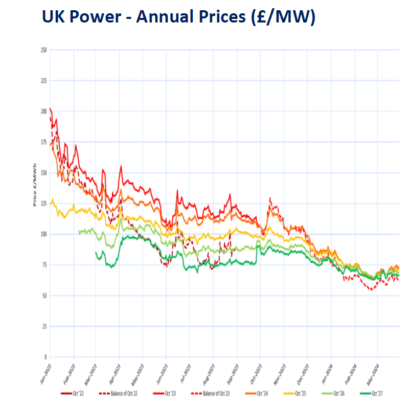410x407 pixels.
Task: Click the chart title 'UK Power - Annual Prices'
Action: click(178, 17)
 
